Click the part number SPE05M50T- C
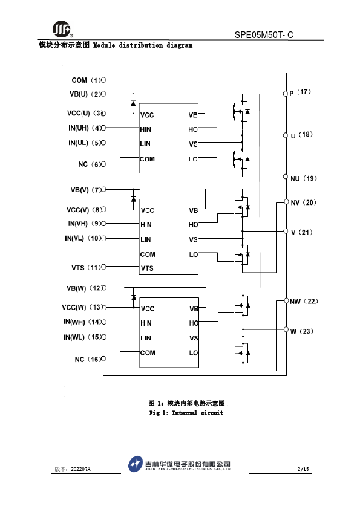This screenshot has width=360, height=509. [x=264, y=34]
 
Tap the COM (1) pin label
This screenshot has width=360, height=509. [x=87, y=80]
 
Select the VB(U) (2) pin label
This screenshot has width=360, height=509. [x=85, y=94]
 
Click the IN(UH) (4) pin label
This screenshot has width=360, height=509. [x=85, y=128]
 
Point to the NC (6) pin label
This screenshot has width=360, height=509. [x=90, y=164]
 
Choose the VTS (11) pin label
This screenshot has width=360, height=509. [x=87, y=268]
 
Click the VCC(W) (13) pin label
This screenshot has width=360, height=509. [x=82, y=307]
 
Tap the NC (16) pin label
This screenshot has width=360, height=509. [x=88, y=359]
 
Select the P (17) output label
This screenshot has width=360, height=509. [x=300, y=92]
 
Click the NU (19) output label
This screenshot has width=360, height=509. [x=304, y=178]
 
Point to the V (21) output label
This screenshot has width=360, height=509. [x=301, y=232]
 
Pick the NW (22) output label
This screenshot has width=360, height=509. [x=304, y=302]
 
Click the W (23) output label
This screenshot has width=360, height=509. [x=302, y=331]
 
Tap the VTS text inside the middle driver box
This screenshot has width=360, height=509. [x=147, y=268]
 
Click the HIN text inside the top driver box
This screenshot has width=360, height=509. [x=146, y=129]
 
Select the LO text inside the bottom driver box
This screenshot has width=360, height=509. [x=194, y=353]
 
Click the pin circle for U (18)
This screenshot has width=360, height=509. [x=286, y=135]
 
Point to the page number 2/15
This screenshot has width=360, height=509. [x=303, y=469]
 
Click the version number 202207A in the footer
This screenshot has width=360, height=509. [x=80, y=469]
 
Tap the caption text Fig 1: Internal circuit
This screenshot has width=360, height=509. [x=186, y=413]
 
